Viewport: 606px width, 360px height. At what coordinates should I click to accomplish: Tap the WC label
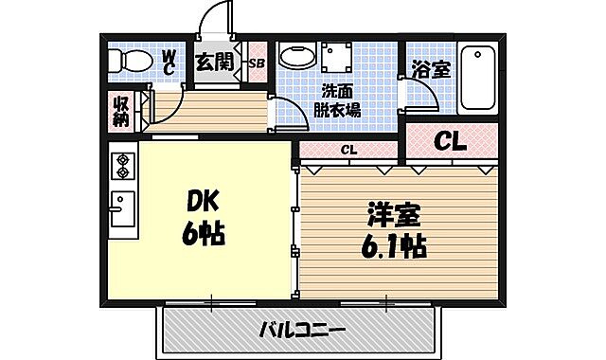pos(168,62)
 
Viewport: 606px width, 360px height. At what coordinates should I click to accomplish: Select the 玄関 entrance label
pos(214,63)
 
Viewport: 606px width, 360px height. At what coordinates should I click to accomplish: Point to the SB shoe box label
pos(257,63)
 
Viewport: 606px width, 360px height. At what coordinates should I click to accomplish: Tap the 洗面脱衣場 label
pos(338,100)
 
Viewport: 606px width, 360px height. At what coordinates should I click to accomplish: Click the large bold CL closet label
pos(450,141)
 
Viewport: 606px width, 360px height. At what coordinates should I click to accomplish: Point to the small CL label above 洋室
pos(348,150)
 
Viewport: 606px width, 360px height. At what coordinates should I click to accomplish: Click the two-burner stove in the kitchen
pos(123,167)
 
